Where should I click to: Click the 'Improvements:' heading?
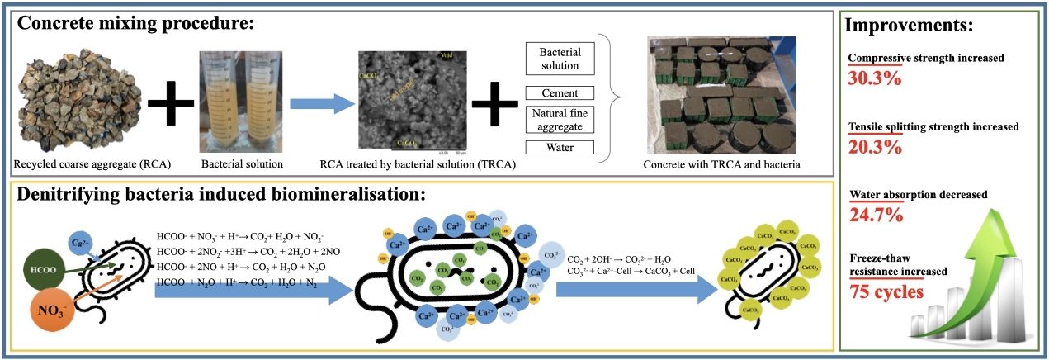[x=911, y=25]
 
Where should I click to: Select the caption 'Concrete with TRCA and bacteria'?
[x=721, y=164]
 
